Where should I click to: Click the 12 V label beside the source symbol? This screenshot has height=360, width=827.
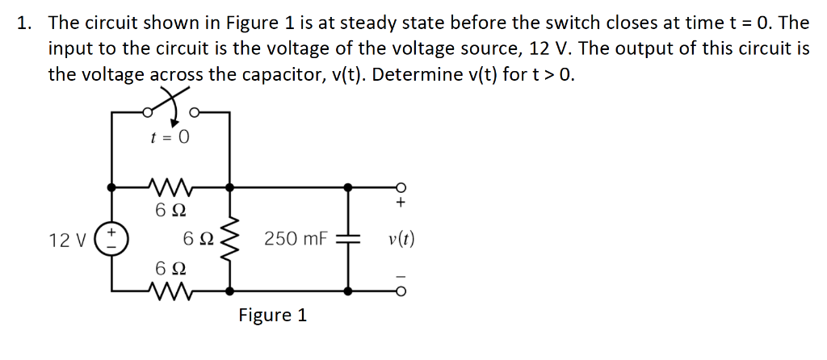pyautogui.click(x=66, y=241)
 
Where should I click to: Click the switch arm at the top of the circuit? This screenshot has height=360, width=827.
pyautogui.click(x=169, y=103)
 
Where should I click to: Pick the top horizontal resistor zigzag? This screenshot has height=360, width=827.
pyautogui.click(x=170, y=187)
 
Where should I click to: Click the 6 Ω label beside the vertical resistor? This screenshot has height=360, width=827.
pyautogui.click(x=198, y=240)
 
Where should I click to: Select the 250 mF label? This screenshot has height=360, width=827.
pyautogui.click(x=296, y=240)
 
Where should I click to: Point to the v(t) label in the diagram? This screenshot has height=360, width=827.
pyautogui.click(x=401, y=240)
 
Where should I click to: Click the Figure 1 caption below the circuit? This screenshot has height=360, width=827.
pyautogui.click(x=272, y=315)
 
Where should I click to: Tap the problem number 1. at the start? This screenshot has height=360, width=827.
pyautogui.click(x=25, y=23)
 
